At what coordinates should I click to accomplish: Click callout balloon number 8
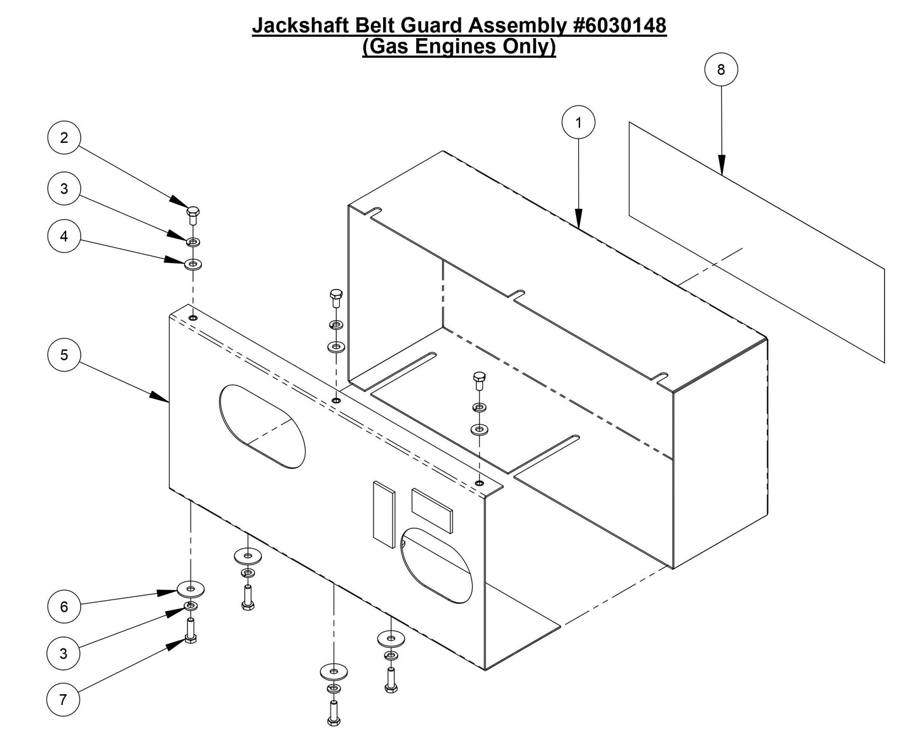(721, 69)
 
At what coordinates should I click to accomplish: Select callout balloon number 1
(578, 123)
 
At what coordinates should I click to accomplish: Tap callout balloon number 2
(64, 138)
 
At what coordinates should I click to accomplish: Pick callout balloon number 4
(64, 236)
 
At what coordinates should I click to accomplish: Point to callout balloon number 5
(64, 354)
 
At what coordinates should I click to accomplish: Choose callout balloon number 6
(64, 606)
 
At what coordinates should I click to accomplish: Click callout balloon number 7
(63, 700)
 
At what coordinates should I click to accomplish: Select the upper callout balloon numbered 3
(64, 188)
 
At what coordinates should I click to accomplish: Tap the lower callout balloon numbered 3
(64, 653)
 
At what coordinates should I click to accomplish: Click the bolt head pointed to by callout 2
(192, 211)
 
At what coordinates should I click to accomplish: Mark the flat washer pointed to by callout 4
(193, 263)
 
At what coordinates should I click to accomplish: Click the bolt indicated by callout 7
(191, 631)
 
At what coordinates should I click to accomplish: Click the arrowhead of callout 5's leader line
(165, 399)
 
